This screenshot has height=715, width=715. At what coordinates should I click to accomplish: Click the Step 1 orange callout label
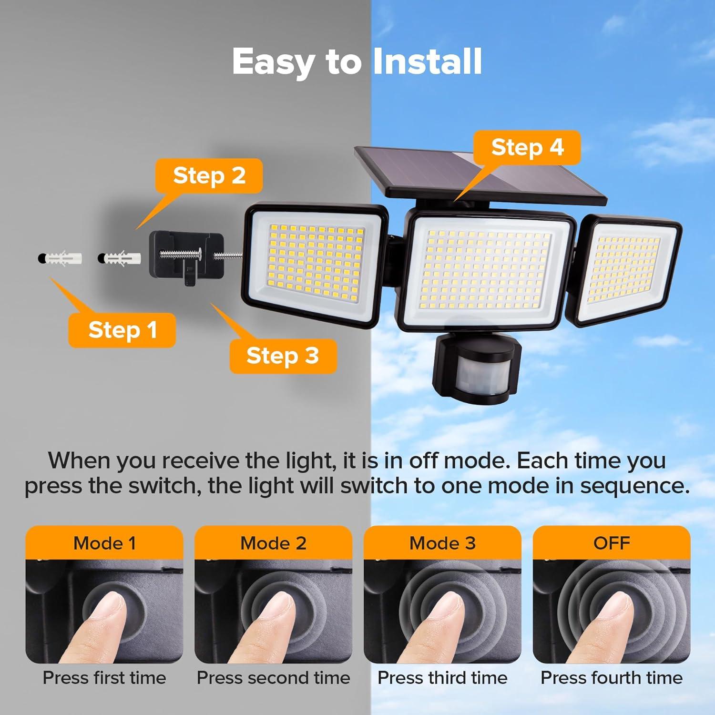(x=122, y=330)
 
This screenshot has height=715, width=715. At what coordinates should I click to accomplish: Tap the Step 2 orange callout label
(x=209, y=175)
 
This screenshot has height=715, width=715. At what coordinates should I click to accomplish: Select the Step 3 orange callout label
(x=283, y=356)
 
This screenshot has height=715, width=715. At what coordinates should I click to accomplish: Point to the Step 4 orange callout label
(x=527, y=147)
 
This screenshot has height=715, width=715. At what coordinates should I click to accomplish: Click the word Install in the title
(x=427, y=62)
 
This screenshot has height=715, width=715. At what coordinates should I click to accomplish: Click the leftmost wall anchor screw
(x=60, y=258)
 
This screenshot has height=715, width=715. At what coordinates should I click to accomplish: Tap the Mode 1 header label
(x=104, y=543)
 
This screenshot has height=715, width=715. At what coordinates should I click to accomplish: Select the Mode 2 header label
(x=274, y=543)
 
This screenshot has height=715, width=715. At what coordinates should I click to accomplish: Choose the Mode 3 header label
(x=442, y=543)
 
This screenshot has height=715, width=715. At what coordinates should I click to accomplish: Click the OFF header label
(x=612, y=543)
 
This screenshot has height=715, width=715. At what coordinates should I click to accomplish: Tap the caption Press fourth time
(x=612, y=678)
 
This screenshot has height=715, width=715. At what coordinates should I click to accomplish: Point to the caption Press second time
(x=274, y=678)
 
